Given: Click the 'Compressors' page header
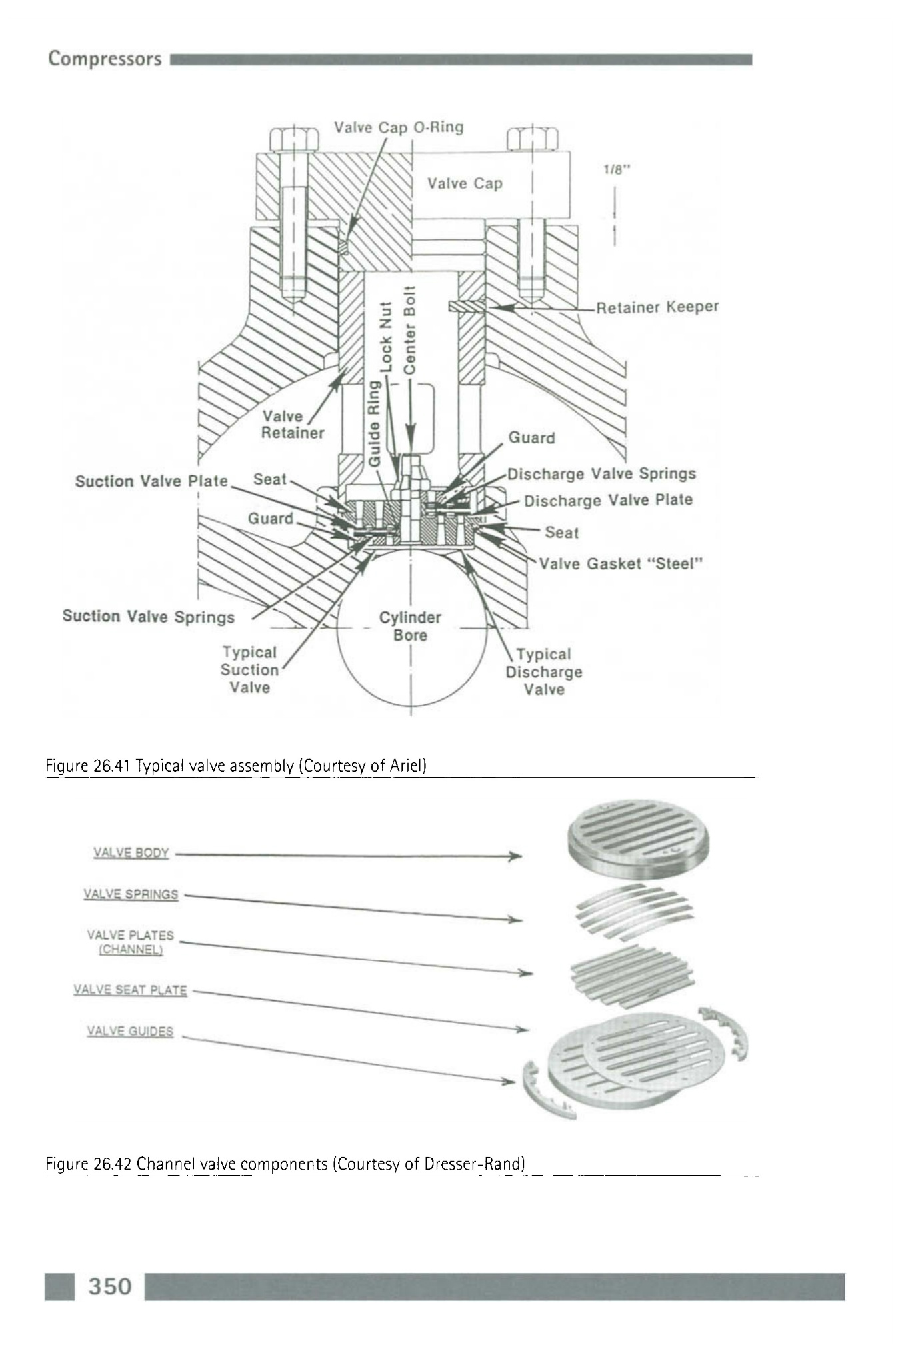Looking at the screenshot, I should point(105,59).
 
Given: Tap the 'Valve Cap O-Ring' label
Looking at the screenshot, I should point(399,127).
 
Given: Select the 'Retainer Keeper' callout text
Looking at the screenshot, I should point(657,307).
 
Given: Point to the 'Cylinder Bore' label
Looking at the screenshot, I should point(410,626).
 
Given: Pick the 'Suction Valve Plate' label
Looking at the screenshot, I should point(151,481).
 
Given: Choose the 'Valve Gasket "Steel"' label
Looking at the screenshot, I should point(621,564).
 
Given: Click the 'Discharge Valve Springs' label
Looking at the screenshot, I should point(601,474).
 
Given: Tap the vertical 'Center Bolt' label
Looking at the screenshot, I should point(411,330).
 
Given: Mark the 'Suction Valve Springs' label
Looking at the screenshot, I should point(148,617).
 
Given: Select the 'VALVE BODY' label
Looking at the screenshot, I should point(131,853).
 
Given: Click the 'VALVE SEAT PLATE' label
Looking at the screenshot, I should point(130,990).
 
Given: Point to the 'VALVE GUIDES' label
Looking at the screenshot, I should point(130,1032).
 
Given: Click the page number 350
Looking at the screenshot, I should point(110,1286).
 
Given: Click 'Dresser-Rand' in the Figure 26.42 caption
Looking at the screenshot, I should point(481,1164).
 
